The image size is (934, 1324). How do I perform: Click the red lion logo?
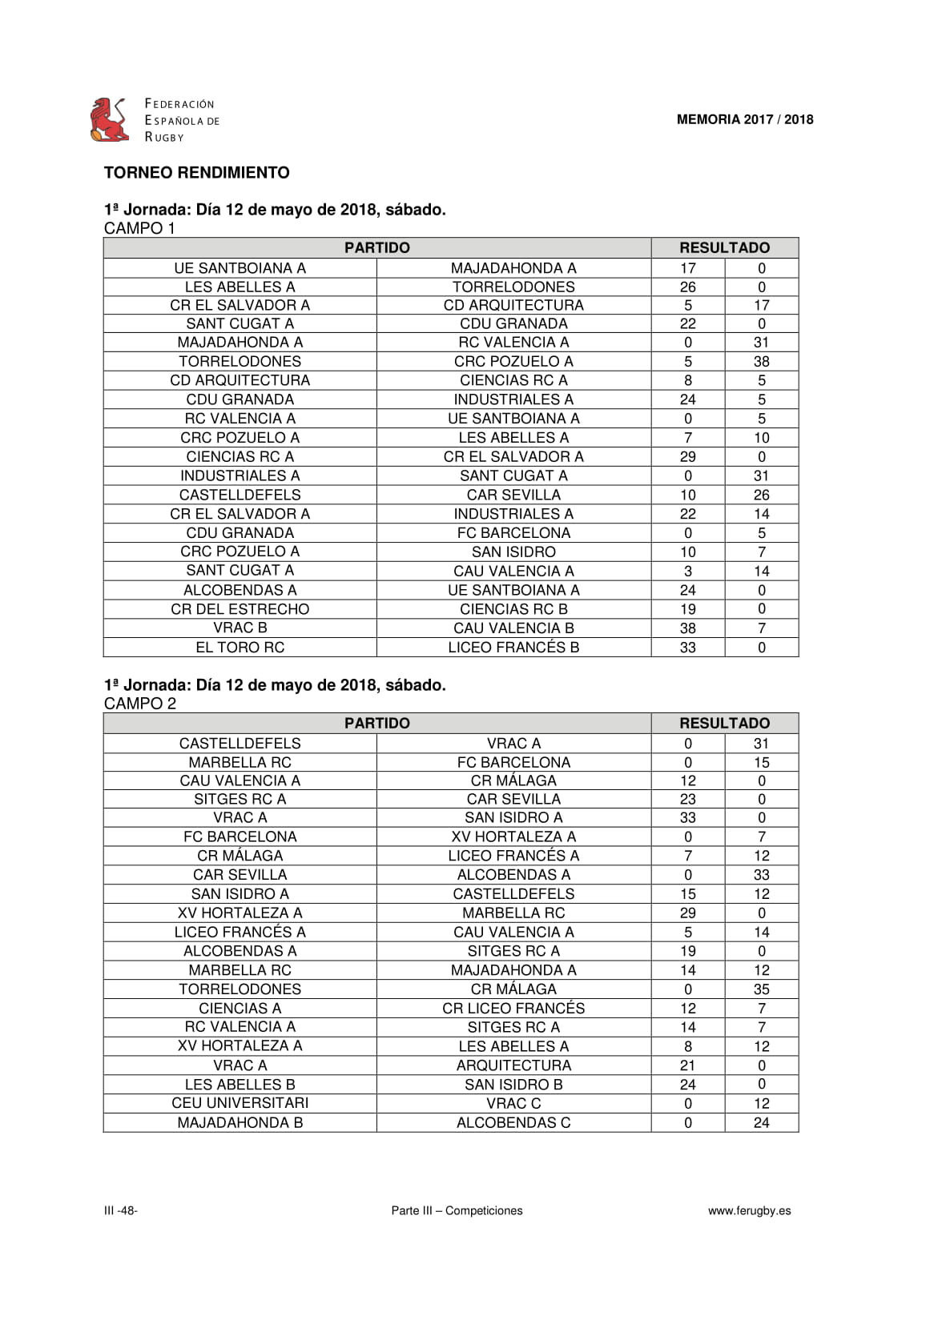coord(110,120)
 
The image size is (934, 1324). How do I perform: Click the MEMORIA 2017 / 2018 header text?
coord(744,120)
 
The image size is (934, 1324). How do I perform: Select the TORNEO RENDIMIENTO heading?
coord(196,173)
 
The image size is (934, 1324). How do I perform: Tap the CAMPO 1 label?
coord(139,228)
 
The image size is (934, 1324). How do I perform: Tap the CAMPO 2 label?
coord(139,704)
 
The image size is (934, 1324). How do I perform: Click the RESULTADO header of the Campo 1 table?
coord(724,248)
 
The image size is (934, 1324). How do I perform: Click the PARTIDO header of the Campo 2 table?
coord(376,724)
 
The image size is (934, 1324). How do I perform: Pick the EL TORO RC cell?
coord(240,648)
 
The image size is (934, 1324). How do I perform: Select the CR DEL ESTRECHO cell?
coord(240,609)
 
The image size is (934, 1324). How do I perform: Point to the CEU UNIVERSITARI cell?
coord(240,1103)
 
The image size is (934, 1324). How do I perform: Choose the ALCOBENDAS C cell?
coord(513,1123)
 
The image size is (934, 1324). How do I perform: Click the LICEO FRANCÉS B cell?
coord(513,648)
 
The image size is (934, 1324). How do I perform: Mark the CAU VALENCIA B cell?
coord(513,628)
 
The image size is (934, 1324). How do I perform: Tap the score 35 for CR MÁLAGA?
coord(761,989)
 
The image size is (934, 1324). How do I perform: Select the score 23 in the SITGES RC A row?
coord(687,799)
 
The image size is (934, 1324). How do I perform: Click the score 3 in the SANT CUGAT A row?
coord(687,572)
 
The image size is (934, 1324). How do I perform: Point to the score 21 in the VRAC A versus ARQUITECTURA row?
coord(687,1065)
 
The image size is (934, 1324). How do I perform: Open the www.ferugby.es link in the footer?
coord(749,1211)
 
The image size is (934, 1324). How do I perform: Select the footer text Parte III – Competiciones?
coord(457,1211)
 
